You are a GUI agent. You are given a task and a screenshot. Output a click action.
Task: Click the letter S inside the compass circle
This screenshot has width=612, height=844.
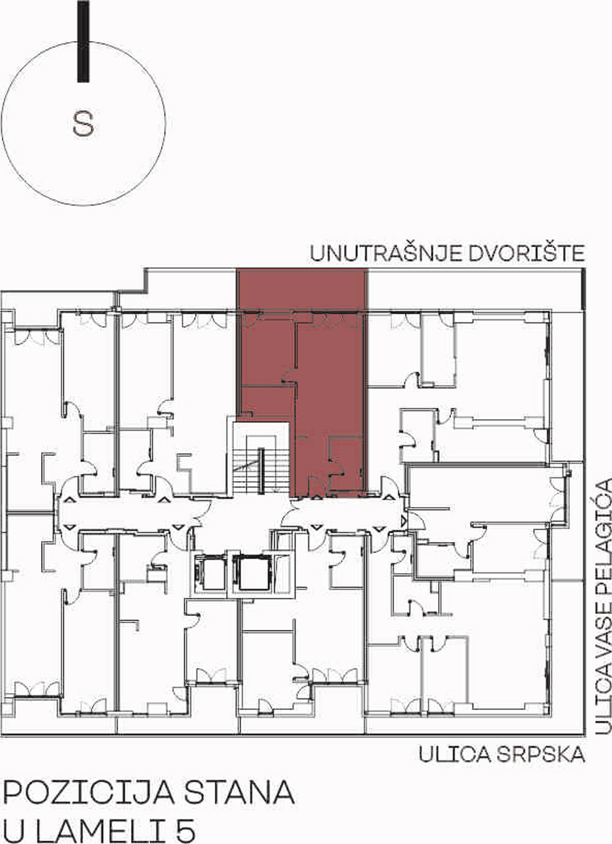[x=83, y=124]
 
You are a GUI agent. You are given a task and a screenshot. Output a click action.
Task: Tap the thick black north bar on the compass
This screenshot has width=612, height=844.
[x=83, y=41]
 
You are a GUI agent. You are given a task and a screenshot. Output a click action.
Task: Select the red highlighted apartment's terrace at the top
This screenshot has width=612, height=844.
[x=302, y=289]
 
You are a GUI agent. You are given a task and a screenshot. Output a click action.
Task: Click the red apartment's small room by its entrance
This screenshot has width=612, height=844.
[x=345, y=464]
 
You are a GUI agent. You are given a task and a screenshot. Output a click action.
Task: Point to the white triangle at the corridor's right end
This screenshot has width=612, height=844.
[x=403, y=522]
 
